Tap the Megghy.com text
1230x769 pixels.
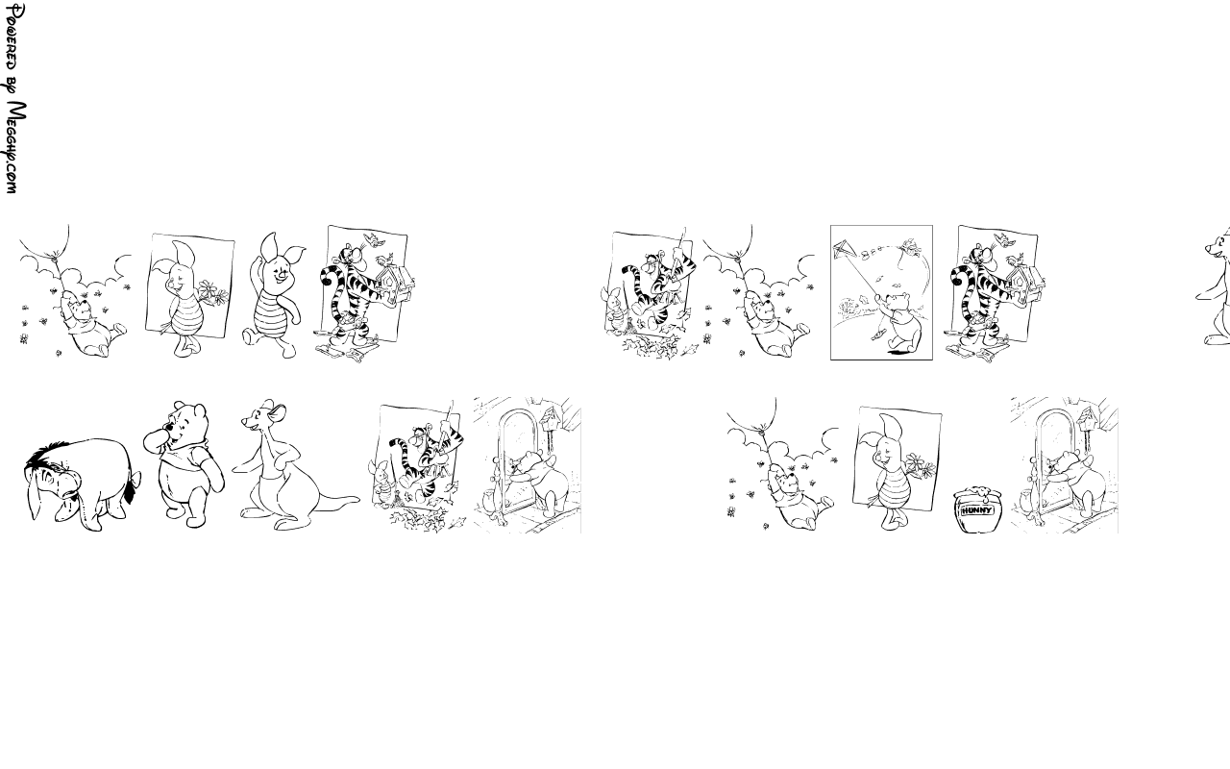click(x=14, y=147)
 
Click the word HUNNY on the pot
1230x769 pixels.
click(x=977, y=510)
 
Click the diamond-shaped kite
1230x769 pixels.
click(x=844, y=249)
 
